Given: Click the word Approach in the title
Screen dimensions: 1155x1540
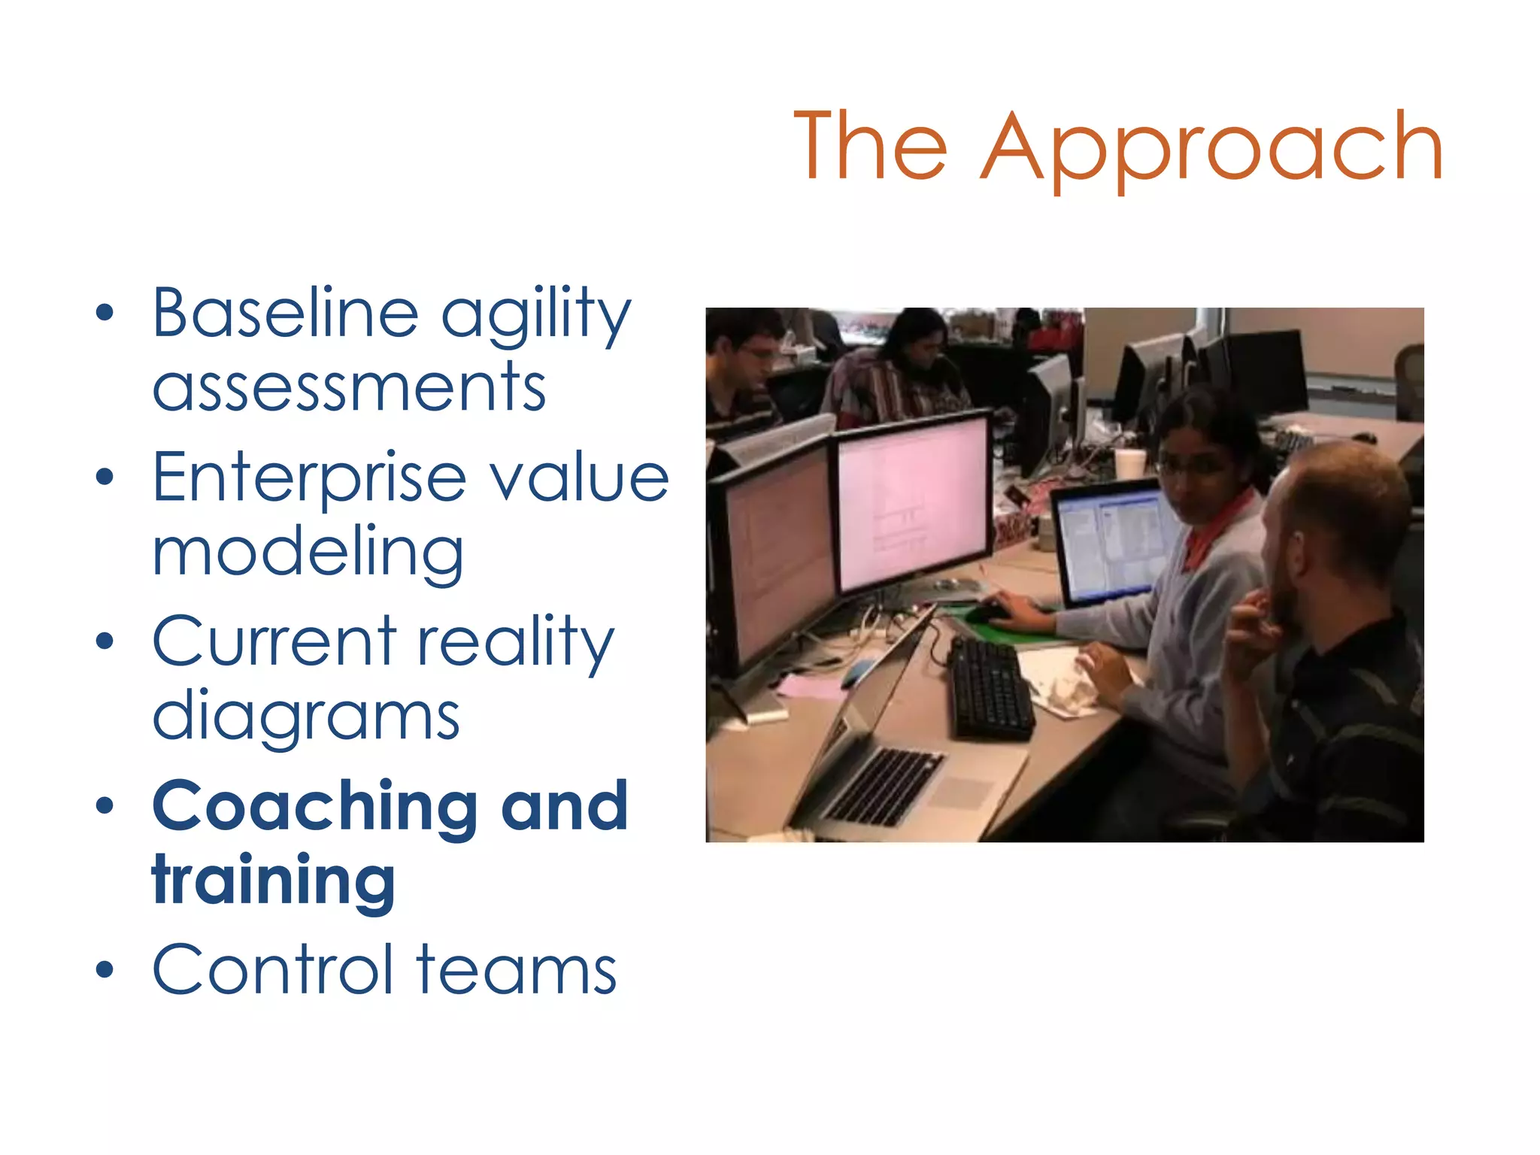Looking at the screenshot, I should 1212,147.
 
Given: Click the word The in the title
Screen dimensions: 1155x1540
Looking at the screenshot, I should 871,147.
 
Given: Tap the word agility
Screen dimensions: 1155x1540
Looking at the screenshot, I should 535,316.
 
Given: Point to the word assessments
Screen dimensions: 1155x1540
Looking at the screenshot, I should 349,388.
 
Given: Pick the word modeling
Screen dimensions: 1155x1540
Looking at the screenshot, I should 308,553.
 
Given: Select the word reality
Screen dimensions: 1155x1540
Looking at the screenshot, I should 516,643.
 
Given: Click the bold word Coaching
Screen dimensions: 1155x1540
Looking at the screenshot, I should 314,807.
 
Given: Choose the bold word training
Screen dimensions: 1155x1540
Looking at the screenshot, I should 274,881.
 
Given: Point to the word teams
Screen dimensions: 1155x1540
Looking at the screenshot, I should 517,971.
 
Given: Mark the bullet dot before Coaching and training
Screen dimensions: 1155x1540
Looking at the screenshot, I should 105,806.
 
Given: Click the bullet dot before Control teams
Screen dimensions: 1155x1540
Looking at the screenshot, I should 105,970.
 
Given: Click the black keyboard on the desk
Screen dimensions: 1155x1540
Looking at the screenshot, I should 990,689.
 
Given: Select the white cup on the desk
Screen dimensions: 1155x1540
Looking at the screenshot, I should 1129,463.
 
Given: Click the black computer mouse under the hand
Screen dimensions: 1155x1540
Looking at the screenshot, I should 987,613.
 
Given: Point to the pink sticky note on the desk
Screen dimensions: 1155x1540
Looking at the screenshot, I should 809,686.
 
